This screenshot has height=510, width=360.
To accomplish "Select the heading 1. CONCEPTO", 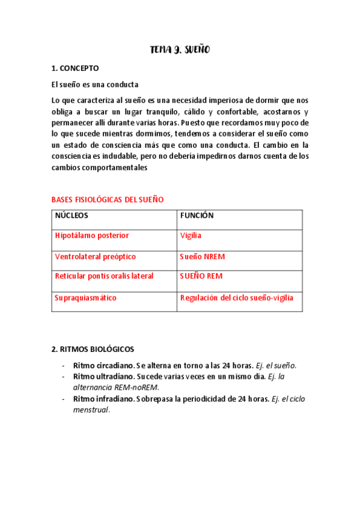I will (75, 69).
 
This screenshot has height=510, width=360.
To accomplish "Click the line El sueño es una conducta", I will (95, 85).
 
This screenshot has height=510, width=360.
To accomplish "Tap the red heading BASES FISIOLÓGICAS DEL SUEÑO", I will (108, 199).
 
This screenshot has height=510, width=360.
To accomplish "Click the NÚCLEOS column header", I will (72, 215).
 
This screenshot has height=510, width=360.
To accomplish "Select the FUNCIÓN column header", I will (197, 215).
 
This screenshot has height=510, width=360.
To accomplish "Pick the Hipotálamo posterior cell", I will (92, 236).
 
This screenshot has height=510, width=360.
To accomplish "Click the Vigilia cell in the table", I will (191, 236).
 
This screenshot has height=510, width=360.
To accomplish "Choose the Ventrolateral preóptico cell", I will (96, 257).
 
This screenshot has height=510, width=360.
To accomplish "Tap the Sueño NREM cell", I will (202, 257).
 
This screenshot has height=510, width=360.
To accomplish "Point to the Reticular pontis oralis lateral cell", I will (104, 276).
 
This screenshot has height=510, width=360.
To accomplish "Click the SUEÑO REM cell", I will (201, 276).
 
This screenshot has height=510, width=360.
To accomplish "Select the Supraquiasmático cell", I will (86, 298).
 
